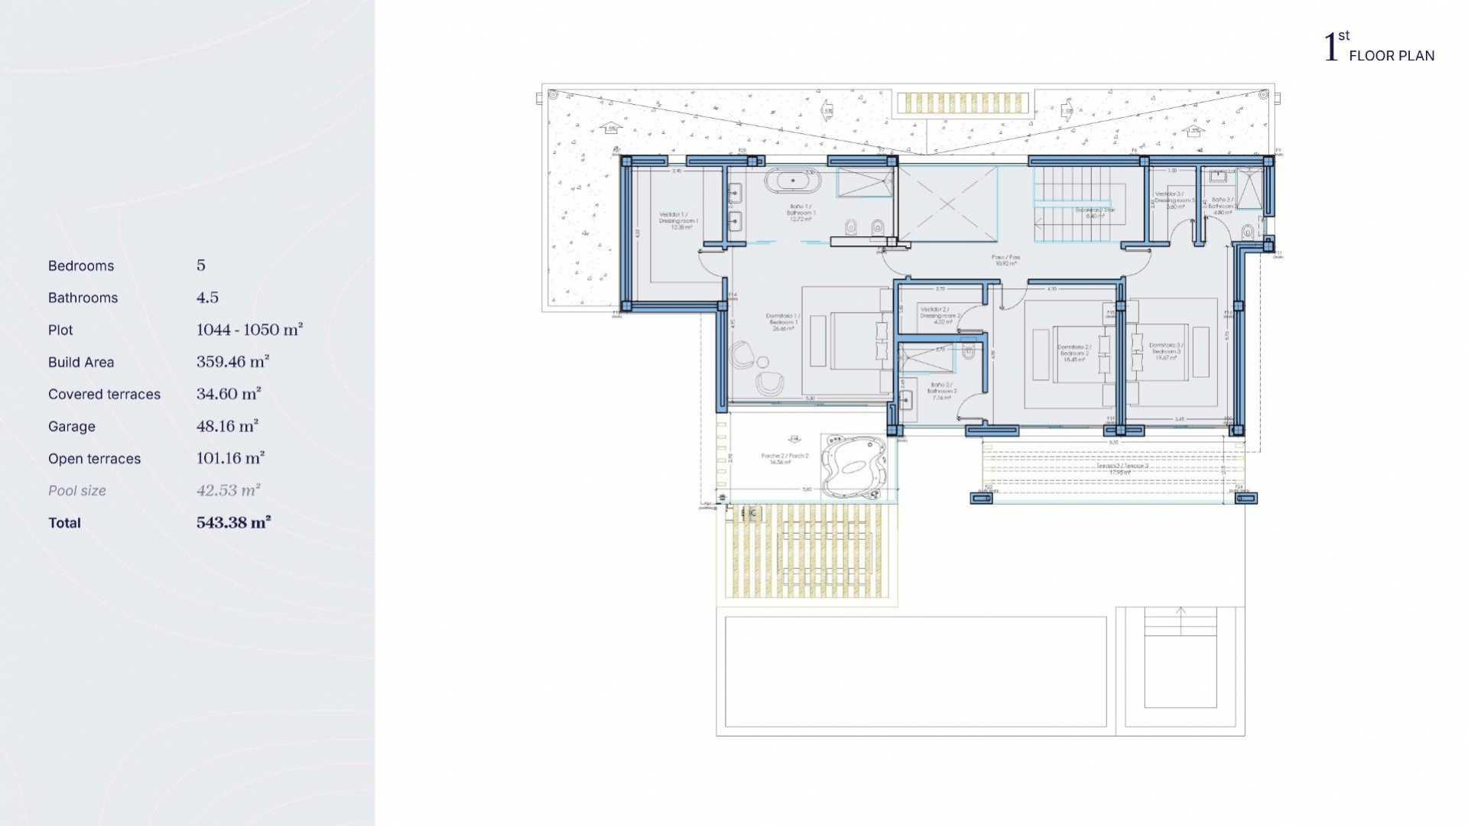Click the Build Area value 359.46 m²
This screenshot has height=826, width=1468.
click(x=232, y=362)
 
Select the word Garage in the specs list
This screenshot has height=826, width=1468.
click(x=71, y=427)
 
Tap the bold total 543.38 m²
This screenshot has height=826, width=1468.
click(x=233, y=522)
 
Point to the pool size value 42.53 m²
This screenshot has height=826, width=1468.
click(x=228, y=490)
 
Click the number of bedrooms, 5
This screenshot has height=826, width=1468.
click(x=201, y=265)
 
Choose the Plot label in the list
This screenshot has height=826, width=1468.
click(x=60, y=330)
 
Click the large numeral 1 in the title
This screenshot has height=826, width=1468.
click(x=1331, y=47)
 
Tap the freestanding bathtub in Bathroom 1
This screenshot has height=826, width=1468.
click(x=793, y=182)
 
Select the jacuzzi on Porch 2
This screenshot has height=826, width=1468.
click(x=853, y=467)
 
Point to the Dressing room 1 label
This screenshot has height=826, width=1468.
click(x=678, y=220)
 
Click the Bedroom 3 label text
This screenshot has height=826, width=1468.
click(x=1166, y=350)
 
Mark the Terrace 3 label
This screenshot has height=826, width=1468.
click(x=1122, y=468)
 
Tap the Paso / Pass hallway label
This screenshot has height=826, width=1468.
click(x=1005, y=260)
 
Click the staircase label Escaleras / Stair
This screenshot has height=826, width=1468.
click(x=1095, y=212)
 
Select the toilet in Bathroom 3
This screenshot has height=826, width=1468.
click(x=1248, y=230)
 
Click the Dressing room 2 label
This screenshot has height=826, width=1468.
click(x=940, y=315)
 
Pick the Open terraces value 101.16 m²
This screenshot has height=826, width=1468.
click(x=230, y=458)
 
